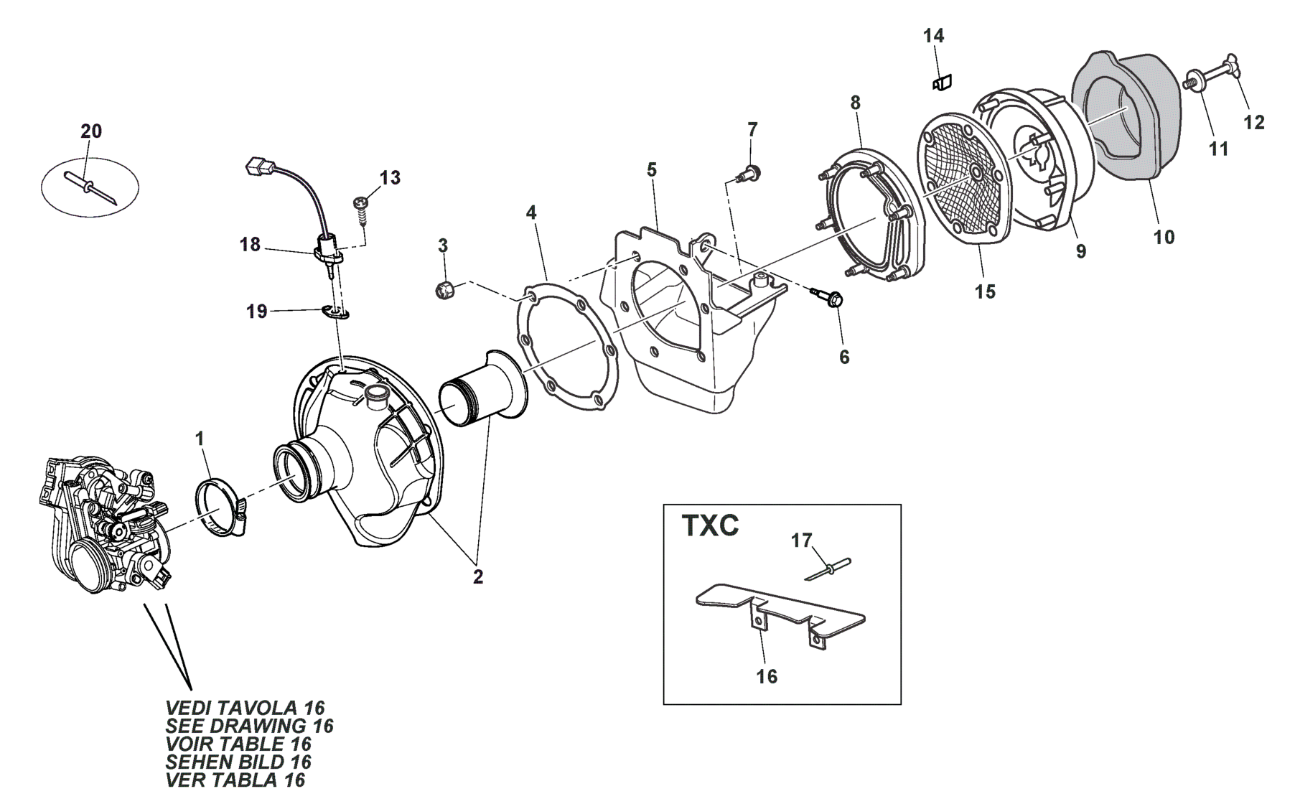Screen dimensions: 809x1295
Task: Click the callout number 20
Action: coord(91,131)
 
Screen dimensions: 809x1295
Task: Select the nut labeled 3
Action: coord(443,291)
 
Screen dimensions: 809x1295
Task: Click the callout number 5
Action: coord(651,170)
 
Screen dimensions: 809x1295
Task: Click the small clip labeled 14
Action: coord(941,84)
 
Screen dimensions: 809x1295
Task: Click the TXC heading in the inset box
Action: coord(709,526)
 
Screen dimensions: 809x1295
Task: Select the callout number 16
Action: coord(767,676)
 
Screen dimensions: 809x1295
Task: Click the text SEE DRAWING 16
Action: coord(249,726)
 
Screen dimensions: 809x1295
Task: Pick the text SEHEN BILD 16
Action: coord(238,762)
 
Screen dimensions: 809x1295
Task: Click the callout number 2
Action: coord(478,576)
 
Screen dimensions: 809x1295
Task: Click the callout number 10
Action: coord(1164,237)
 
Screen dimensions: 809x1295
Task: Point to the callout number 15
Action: coord(985,291)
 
